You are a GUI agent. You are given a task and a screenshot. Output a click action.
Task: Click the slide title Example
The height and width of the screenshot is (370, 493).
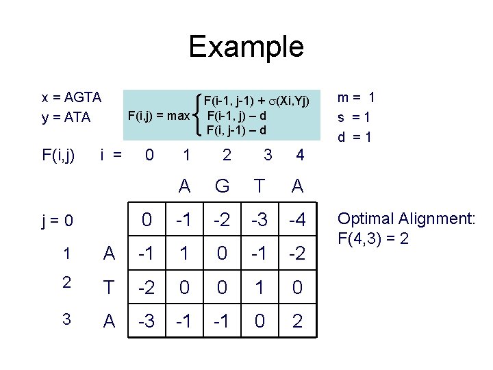click(246, 47)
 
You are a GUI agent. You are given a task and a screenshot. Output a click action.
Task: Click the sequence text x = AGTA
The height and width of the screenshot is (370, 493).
click(72, 97)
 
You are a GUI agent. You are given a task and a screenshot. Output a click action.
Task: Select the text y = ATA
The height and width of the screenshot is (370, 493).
click(66, 117)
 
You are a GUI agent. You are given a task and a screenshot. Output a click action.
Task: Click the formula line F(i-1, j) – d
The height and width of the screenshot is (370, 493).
click(237, 115)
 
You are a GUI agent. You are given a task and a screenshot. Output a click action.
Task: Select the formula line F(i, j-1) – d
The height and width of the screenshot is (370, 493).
click(237, 129)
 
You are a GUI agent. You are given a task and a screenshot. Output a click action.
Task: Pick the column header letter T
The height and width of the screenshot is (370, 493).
click(260, 186)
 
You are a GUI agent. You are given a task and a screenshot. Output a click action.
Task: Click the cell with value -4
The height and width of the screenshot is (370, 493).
click(297, 221)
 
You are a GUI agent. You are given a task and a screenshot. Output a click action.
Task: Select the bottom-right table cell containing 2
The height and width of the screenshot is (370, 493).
click(297, 321)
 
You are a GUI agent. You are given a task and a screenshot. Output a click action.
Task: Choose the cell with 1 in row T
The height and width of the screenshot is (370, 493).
click(260, 288)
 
